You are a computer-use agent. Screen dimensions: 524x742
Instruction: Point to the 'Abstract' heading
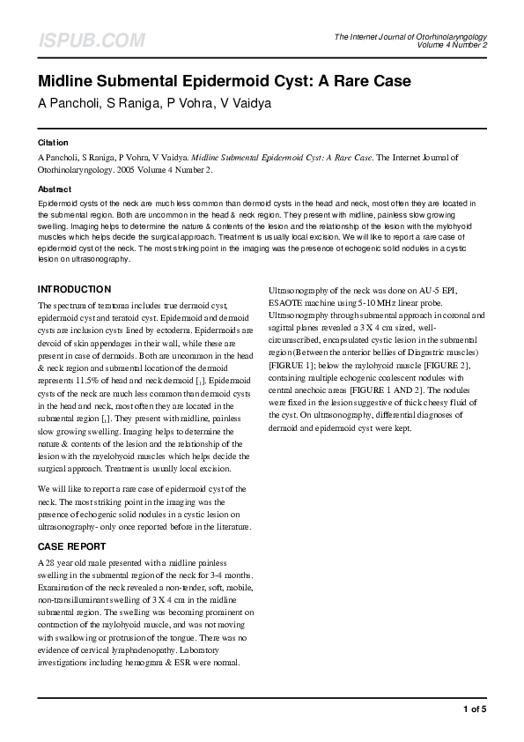[x=54, y=189]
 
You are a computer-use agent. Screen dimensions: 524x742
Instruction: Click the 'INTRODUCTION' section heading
[x=74, y=289]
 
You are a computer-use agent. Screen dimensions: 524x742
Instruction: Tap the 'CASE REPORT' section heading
[x=73, y=546]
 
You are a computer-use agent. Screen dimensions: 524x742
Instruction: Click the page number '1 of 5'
[x=474, y=709]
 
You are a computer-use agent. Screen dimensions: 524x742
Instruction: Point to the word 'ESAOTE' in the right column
[x=289, y=302]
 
